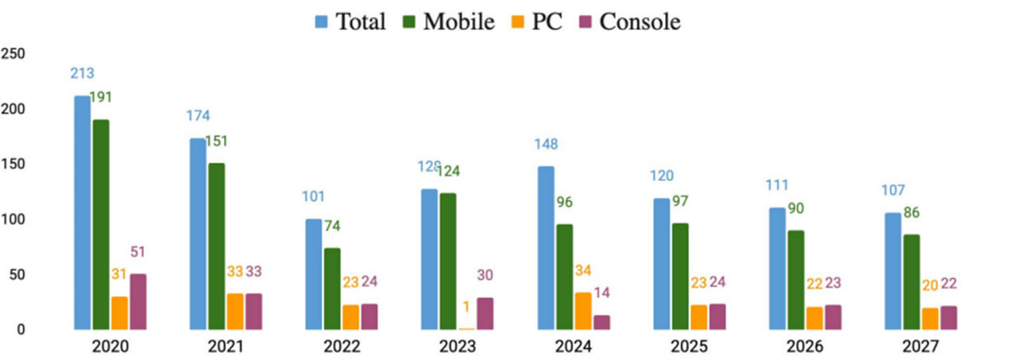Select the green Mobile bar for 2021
pyautogui.click(x=216, y=246)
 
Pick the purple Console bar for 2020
pyautogui.click(x=138, y=301)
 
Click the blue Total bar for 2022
pyautogui.click(x=314, y=273)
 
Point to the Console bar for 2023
pyautogui.click(x=485, y=313)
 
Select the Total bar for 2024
pyautogui.click(x=545, y=247)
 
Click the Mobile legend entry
pyautogui.click(x=446, y=21)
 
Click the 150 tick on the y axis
pyautogui.click(x=14, y=164)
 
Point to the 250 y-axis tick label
pyautogui.click(x=14, y=54)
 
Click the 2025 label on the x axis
pyautogui.click(x=689, y=346)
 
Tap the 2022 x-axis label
pyautogui.click(x=341, y=346)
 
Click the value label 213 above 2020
pyautogui.click(x=82, y=74)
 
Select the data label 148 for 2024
pyautogui.click(x=545, y=145)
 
